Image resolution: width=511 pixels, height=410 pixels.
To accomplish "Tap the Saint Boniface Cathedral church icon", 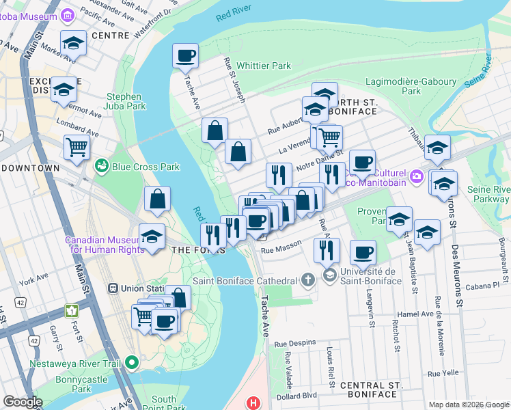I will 307,281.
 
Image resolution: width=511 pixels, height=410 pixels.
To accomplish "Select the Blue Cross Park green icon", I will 102,166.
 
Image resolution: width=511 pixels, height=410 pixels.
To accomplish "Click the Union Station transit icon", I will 113,288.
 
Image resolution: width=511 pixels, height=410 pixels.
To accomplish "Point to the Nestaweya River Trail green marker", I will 135,360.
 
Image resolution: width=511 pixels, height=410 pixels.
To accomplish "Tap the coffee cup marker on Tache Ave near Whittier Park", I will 184,56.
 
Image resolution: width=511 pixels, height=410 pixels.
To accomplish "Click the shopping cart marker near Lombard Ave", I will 77,146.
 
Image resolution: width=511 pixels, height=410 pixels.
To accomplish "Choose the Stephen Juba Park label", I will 124,101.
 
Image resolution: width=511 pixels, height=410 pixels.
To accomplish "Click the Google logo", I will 23,402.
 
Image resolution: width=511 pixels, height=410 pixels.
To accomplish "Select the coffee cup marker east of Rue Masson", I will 363,252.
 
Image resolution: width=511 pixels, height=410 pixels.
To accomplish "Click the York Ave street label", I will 34,281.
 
